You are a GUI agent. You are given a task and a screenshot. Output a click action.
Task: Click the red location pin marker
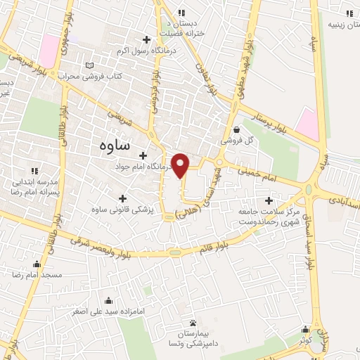(x=181, y=164)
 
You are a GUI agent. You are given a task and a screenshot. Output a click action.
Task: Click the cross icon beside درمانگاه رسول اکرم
(x=146, y=39)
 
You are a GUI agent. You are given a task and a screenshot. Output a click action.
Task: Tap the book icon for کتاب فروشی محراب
(x=89, y=65)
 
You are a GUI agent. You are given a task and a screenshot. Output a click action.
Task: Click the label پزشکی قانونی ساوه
(x=121, y=210)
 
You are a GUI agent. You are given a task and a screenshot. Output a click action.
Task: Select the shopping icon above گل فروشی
(x=236, y=129)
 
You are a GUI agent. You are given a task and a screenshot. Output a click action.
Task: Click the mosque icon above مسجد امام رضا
(x=37, y=264)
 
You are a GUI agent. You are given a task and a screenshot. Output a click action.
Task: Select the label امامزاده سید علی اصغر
(x=78, y=309)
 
